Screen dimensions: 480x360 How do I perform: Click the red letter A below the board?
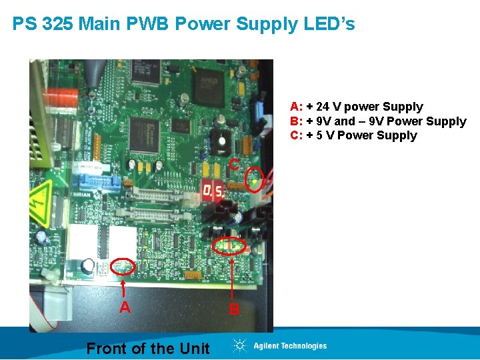(125, 307)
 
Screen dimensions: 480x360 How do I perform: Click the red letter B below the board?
(234, 309)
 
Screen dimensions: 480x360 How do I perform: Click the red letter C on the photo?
(234, 164)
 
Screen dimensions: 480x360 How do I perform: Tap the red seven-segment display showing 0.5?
(213, 192)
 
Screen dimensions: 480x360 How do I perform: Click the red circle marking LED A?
(123, 267)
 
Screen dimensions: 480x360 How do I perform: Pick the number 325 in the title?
(55, 25)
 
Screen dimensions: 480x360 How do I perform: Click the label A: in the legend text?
(297, 107)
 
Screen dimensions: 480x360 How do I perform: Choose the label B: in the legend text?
(297, 121)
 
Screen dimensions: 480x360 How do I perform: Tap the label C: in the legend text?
(297, 136)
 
